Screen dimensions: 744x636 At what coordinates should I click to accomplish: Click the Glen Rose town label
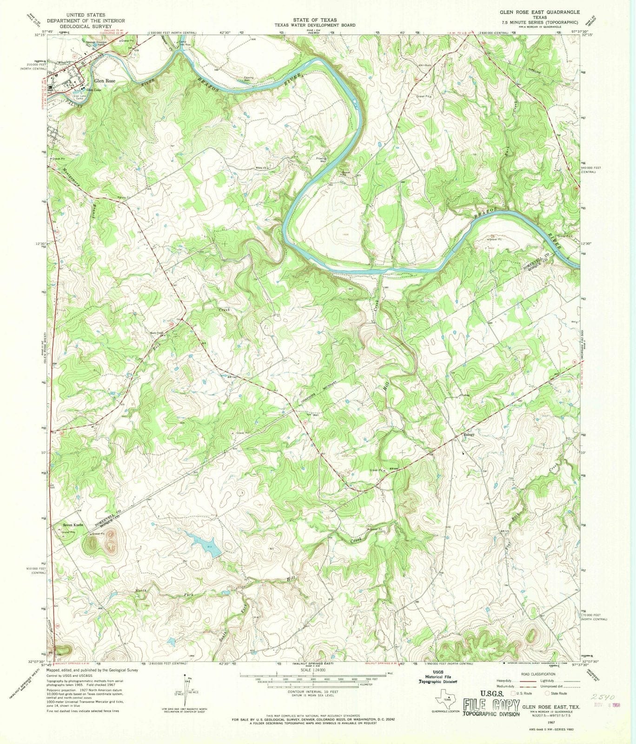(x=105, y=80)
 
